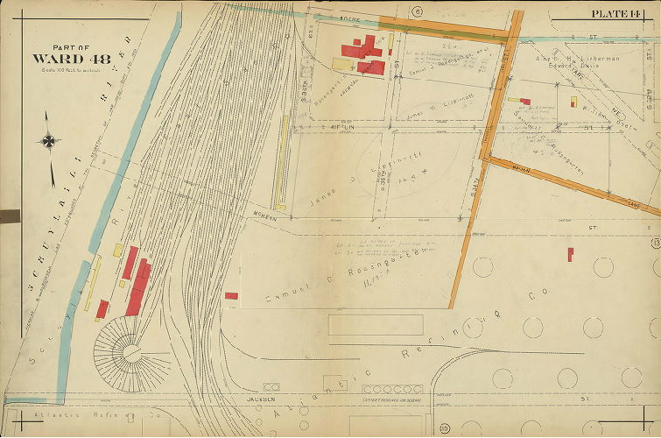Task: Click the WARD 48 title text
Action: point(60,58)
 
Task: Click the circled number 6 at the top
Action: point(418,11)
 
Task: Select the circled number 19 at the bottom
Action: point(445,427)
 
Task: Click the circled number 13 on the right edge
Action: point(654,243)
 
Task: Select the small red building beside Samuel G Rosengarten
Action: point(231,296)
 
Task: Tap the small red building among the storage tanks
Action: point(570,254)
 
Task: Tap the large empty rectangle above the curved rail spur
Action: point(376,325)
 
